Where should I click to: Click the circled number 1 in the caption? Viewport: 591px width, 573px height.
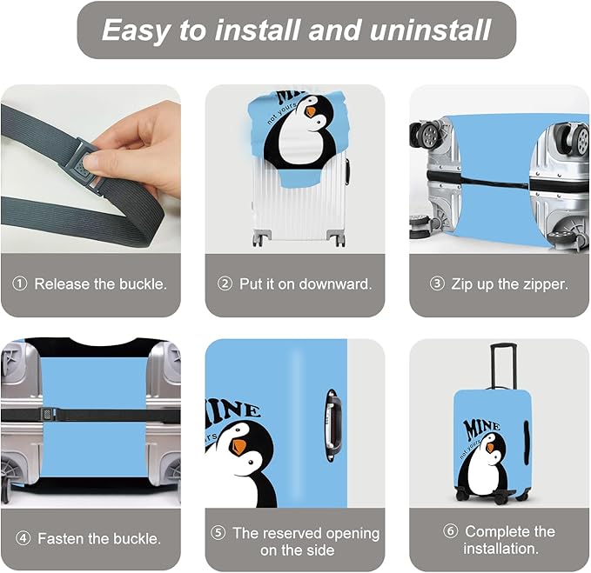click(x=20, y=284)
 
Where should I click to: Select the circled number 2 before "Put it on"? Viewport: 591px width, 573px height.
click(x=225, y=284)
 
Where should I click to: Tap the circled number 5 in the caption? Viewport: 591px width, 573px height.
click(x=218, y=533)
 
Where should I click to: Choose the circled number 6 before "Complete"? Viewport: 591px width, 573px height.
click(x=451, y=530)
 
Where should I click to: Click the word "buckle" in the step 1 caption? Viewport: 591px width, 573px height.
click(x=143, y=284)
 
